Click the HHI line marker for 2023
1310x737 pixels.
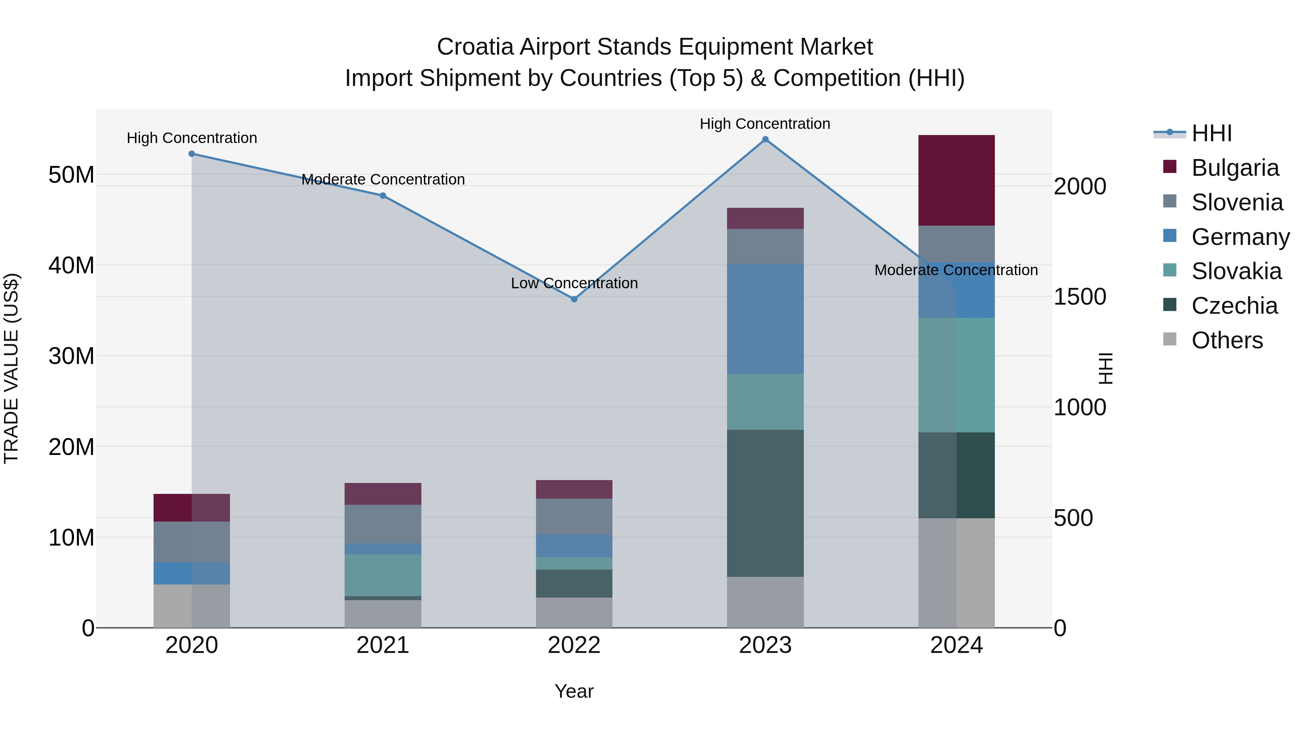coord(765,139)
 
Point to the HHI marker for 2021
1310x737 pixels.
coord(382,196)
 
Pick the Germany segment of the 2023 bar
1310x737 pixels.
coord(765,318)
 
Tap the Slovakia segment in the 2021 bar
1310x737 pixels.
coord(382,575)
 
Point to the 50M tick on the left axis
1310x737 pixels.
coord(71,175)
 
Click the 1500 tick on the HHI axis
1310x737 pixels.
coord(1079,297)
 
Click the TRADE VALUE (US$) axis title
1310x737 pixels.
coord(12,368)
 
